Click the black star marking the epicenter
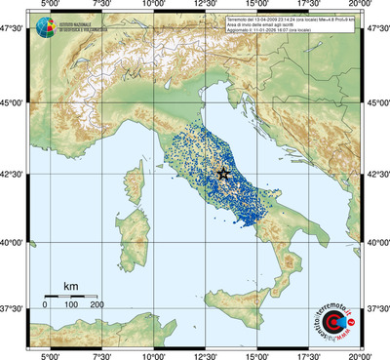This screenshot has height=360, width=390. click(223, 174)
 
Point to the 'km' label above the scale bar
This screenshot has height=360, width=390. click(70, 286)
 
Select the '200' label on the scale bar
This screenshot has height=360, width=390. click(97, 305)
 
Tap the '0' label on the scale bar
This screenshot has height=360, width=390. click(45, 305)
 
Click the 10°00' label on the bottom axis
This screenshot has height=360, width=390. click(153, 355)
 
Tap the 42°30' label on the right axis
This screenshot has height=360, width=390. click(376, 175)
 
